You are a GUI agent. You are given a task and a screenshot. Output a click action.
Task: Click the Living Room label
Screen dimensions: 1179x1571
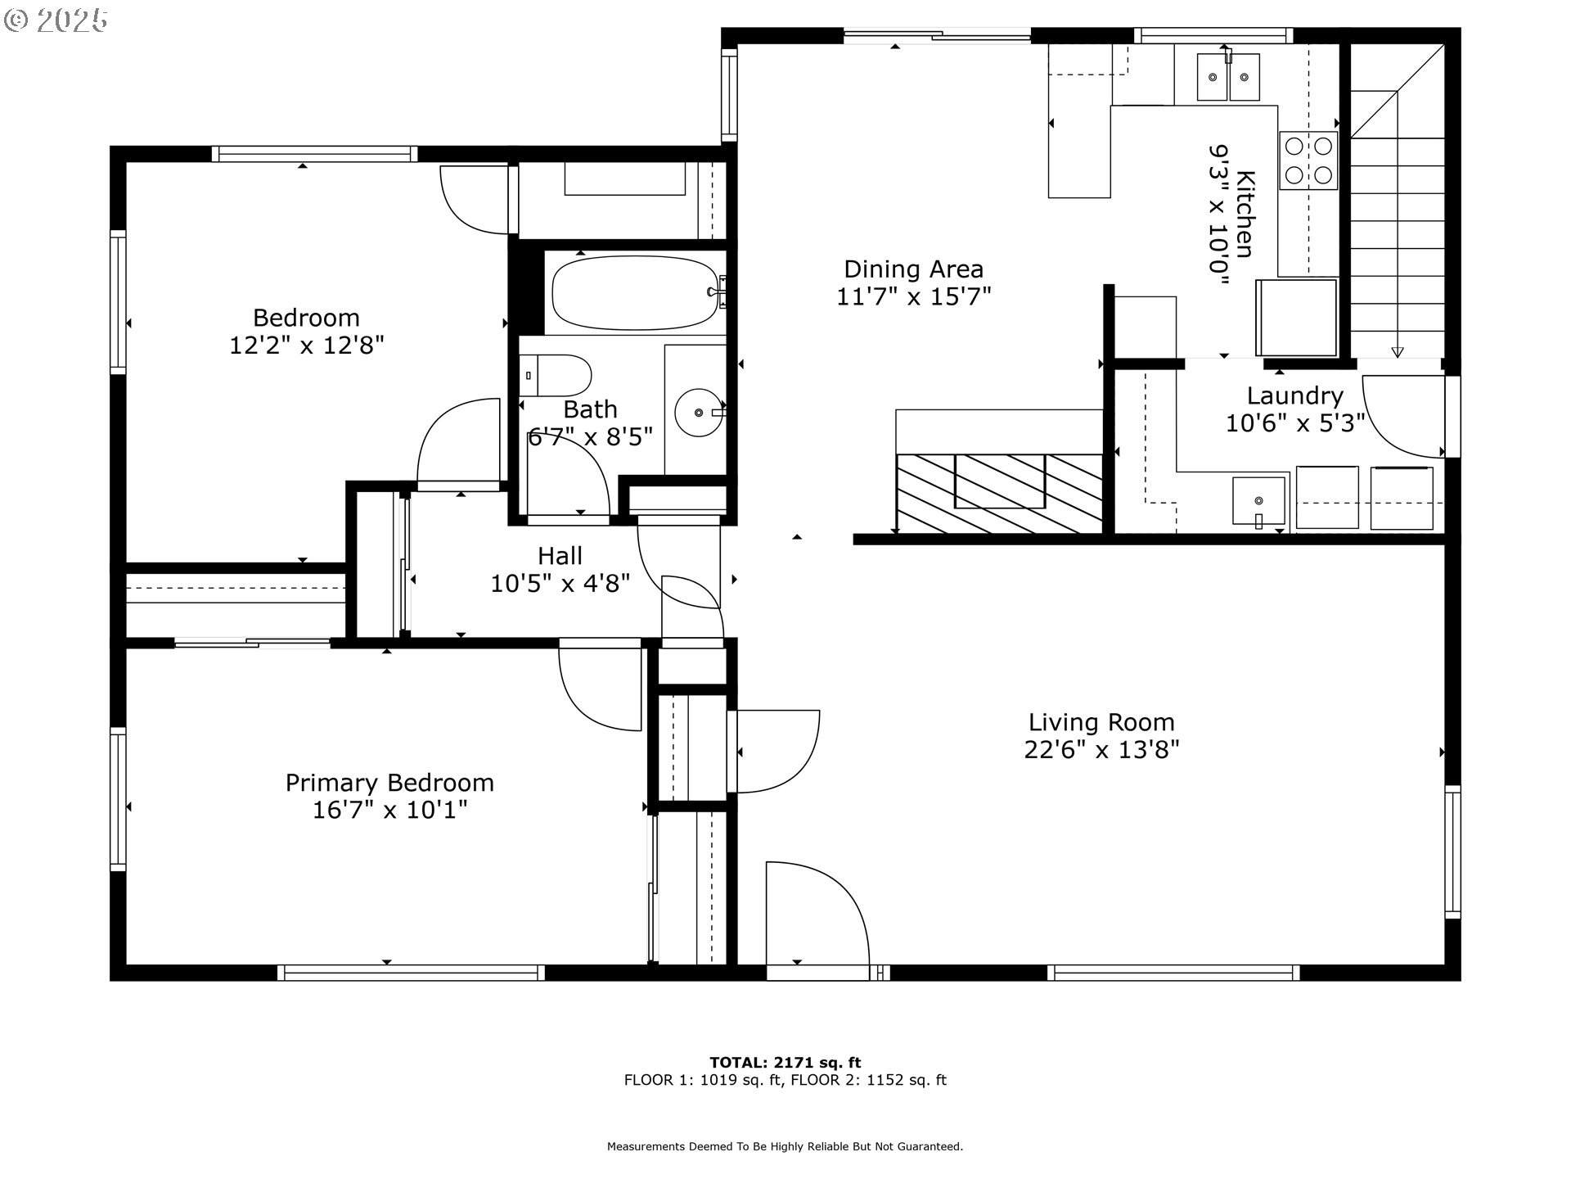[x=1101, y=722]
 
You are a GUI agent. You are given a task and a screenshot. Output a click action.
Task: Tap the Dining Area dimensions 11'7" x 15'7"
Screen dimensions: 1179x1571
[x=913, y=296]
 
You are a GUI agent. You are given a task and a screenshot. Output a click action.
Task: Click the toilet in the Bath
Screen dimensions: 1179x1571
[x=556, y=376]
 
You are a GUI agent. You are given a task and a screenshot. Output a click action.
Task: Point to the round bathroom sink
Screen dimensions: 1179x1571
[x=697, y=413]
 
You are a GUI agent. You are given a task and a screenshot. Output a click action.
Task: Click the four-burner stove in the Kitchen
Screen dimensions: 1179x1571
[x=1308, y=160]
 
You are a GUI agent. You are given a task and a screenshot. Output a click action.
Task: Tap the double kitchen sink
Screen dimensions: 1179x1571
[x=1228, y=77]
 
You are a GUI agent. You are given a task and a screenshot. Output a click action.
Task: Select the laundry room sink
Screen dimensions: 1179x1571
[x=1258, y=501]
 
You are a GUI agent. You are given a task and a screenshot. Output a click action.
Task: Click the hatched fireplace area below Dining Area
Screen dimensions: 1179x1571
[x=999, y=493]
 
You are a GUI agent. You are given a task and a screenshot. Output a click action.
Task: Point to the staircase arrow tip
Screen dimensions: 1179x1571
[x=1398, y=353]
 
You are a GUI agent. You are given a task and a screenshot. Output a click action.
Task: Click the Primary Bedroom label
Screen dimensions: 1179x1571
[x=389, y=783]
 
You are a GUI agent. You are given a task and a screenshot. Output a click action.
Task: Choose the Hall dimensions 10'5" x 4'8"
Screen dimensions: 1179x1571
[x=560, y=584]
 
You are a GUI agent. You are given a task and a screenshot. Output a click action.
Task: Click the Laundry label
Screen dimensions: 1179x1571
[x=1294, y=395]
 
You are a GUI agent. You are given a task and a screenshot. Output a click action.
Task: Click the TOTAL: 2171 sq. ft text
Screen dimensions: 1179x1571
[x=785, y=1063]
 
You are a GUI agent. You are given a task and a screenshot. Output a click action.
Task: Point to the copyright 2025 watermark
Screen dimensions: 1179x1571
[x=56, y=20]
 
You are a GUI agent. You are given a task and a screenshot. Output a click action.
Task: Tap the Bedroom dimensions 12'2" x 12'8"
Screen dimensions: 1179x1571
[x=306, y=346]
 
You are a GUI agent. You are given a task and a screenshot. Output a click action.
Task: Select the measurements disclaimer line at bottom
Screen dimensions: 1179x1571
[x=785, y=1146]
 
